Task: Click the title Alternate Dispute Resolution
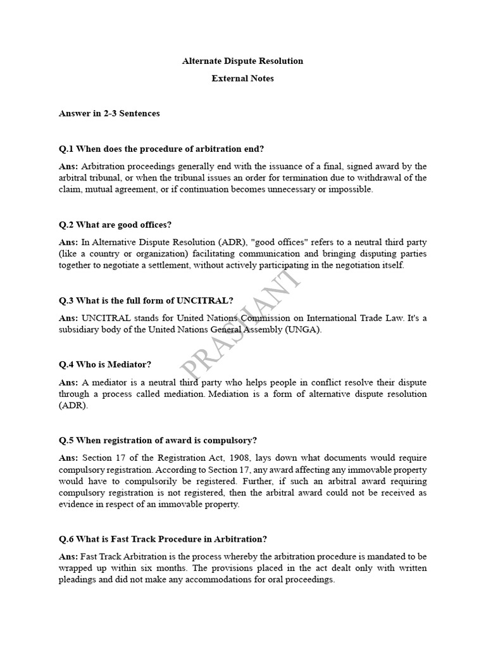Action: click(x=242, y=61)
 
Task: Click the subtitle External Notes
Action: click(x=242, y=79)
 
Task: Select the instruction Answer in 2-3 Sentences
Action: click(x=109, y=113)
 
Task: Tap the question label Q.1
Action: click(x=66, y=149)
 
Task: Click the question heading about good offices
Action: click(x=115, y=225)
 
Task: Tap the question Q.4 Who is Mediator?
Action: click(x=104, y=364)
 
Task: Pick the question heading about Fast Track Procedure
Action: click(x=163, y=539)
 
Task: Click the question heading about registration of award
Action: click(x=158, y=440)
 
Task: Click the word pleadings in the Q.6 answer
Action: click(x=78, y=580)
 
